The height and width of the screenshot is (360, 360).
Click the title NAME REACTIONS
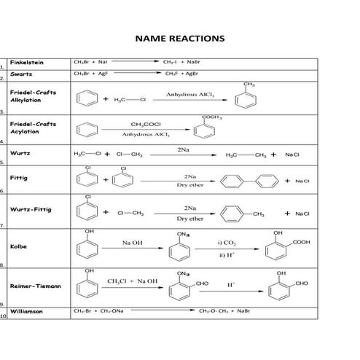point(180,38)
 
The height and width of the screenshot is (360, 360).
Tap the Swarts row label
point(21,74)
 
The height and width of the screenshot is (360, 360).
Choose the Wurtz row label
point(20,154)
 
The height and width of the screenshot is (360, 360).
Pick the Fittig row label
point(19,178)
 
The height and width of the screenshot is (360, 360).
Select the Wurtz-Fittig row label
point(31,210)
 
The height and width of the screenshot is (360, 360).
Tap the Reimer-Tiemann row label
point(36,286)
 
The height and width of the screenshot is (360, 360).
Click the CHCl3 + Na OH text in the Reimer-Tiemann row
point(132,281)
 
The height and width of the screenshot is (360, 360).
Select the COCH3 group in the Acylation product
point(212,117)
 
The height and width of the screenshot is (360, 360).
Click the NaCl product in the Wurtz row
point(292,154)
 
